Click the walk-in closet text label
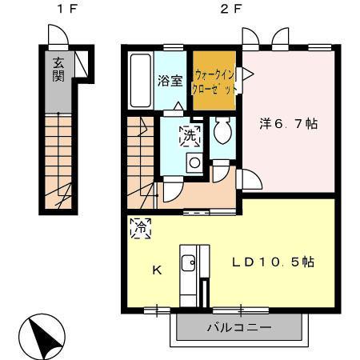click(213, 81)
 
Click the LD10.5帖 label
click(272, 261)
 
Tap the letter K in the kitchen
click(157, 270)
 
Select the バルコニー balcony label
click(239, 327)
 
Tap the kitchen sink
click(188, 263)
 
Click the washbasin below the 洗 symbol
click(194, 162)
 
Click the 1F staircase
click(60, 160)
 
